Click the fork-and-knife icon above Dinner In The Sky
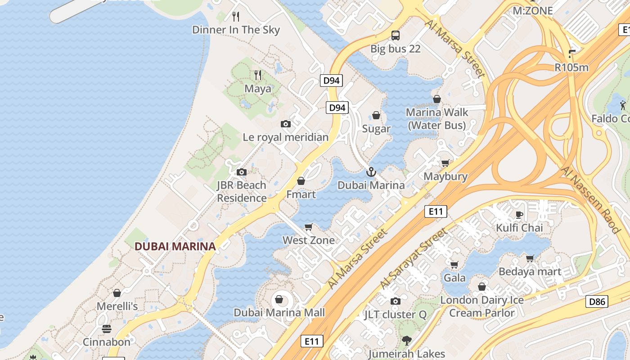click(236, 17)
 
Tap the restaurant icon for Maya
click(258, 75)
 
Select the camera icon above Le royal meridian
click(285, 124)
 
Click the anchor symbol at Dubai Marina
click(371, 171)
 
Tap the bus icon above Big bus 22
click(395, 35)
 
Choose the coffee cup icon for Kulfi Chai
click(519, 214)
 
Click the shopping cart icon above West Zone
click(309, 227)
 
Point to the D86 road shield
click(597, 301)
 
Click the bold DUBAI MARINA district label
click(175, 247)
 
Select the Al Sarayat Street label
click(414, 258)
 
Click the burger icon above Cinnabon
click(107, 328)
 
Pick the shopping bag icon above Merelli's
click(117, 293)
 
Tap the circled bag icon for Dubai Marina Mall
click(279, 299)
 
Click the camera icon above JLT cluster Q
click(395, 301)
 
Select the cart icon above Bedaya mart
click(530, 258)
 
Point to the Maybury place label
click(445, 176)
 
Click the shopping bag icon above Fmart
click(301, 181)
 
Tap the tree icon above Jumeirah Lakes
click(407, 340)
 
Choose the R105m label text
click(571, 67)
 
